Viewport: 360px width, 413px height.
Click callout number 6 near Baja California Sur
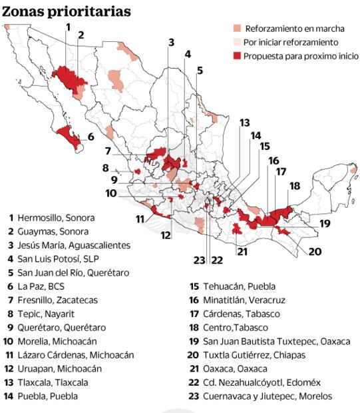[x=90, y=137]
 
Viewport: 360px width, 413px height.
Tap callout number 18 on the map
[x=294, y=186]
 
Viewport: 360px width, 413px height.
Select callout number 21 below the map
[x=242, y=251]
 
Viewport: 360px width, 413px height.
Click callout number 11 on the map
[x=140, y=218]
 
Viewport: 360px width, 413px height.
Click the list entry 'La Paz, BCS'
[x=42, y=286]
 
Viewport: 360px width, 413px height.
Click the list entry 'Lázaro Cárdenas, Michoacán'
[x=71, y=354]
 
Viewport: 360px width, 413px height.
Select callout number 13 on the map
[x=245, y=123]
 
